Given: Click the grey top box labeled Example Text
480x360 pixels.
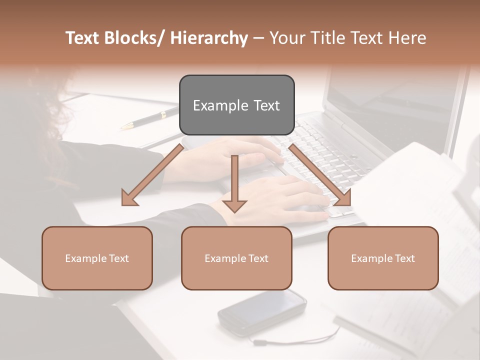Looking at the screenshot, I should click(236, 105).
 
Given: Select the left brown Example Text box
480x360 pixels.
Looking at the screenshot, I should click(97, 258).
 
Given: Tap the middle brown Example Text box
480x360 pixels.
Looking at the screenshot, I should click(236, 258).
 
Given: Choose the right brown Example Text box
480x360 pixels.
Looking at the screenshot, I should click(383, 258).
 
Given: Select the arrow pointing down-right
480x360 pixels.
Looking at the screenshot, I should click(320, 175).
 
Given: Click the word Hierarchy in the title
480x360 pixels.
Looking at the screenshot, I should click(209, 38).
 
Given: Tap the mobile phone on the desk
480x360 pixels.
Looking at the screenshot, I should click(262, 311).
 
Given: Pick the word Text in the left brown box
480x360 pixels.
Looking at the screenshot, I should click(118, 258).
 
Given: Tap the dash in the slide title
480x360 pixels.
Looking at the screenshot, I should click(258, 38).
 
